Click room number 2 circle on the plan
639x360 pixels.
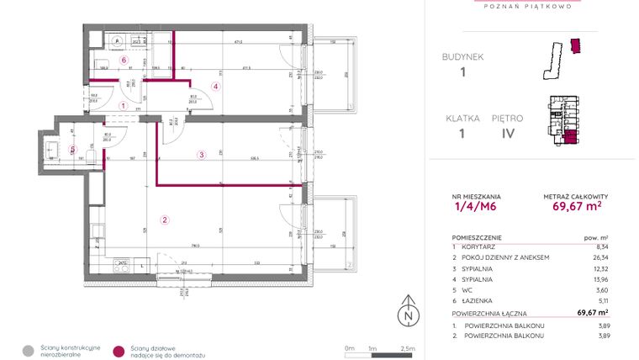tap(165, 220)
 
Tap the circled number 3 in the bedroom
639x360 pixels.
tap(201, 154)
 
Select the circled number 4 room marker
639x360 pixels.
tap(216, 85)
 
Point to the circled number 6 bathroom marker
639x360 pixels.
tap(124, 61)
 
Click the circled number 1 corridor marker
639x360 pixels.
tap(124, 106)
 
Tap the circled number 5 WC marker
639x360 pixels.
tap(72, 150)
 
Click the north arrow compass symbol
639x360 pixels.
tap(407, 312)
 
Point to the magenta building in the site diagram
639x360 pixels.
tap(575, 45)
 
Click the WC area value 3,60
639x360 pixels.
tap(598, 290)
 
